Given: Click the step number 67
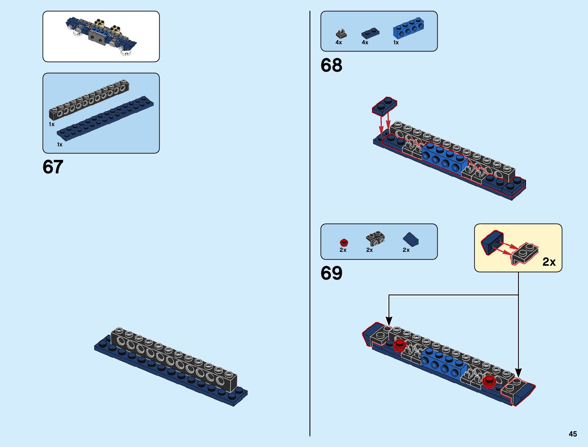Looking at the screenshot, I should pyautogui.click(x=53, y=167).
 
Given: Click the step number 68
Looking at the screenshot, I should pyautogui.click(x=331, y=65).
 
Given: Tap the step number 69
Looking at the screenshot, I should pyautogui.click(x=331, y=273).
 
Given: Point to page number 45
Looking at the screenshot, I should pyautogui.click(x=573, y=434).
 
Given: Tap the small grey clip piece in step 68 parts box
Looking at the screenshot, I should pyautogui.click(x=341, y=34).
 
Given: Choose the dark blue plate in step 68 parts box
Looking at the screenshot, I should pyautogui.click(x=370, y=33).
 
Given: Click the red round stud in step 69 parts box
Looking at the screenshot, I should pyautogui.click(x=343, y=242).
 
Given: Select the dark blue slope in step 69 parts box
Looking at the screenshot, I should pyautogui.click(x=411, y=239).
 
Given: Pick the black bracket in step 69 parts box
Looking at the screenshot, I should pyautogui.click(x=375, y=238).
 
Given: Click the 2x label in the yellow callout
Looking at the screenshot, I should pyautogui.click(x=549, y=262).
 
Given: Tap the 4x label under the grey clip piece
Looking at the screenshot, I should pyautogui.click(x=339, y=42).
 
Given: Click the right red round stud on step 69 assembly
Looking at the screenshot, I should pyautogui.click(x=489, y=381).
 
